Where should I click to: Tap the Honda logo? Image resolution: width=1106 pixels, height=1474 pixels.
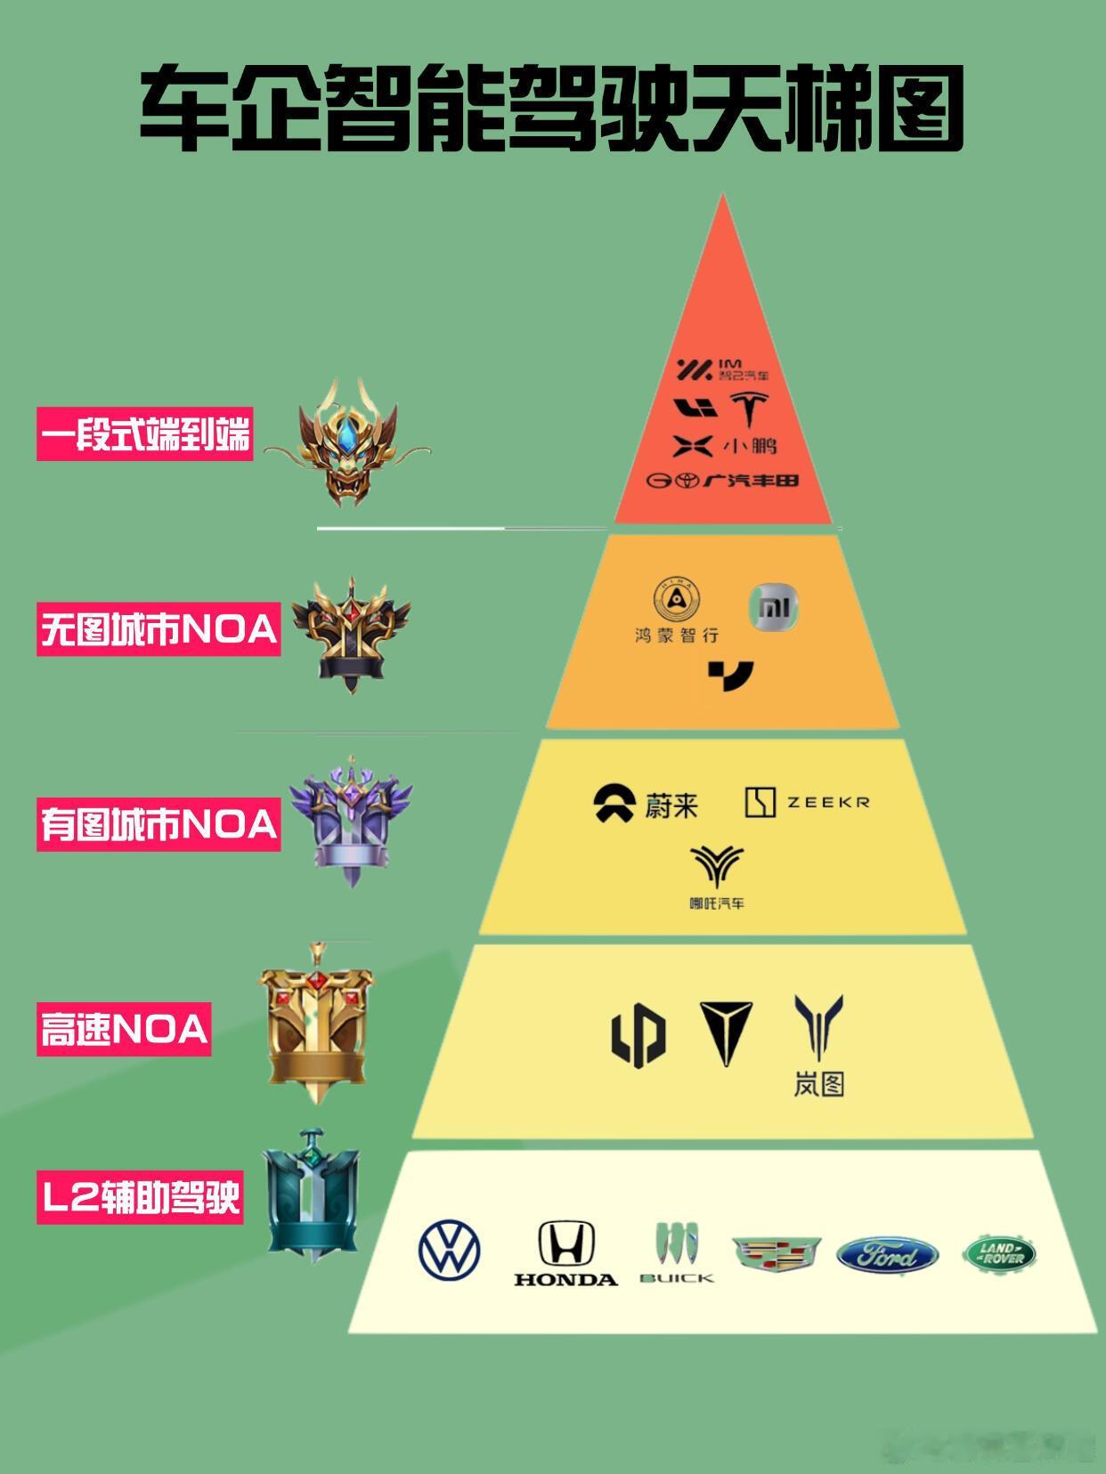(x=565, y=1253)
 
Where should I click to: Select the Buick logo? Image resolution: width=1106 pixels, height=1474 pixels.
(x=677, y=1252)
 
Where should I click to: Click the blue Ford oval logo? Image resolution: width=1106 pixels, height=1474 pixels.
(x=887, y=1255)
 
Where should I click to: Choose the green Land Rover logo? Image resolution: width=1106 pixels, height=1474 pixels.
(x=999, y=1254)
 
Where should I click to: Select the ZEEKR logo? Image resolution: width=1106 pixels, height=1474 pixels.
(x=807, y=802)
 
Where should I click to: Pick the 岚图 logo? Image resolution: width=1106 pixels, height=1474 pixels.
(x=818, y=1045)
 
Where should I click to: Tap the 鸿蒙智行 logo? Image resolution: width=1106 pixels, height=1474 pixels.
(x=677, y=610)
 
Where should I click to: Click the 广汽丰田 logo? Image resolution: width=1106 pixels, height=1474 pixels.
(x=723, y=481)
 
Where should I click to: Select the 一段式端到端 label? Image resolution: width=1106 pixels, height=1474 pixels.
(x=145, y=434)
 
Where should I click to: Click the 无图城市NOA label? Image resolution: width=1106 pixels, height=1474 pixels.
(x=159, y=630)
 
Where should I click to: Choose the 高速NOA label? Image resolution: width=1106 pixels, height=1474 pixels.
(x=124, y=1030)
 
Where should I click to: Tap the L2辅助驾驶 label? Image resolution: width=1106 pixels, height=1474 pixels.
(x=140, y=1197)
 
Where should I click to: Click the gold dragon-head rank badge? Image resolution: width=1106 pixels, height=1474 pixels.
(x=348, y=442)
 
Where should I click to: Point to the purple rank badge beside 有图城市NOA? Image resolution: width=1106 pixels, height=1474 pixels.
(x=351, y=819)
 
